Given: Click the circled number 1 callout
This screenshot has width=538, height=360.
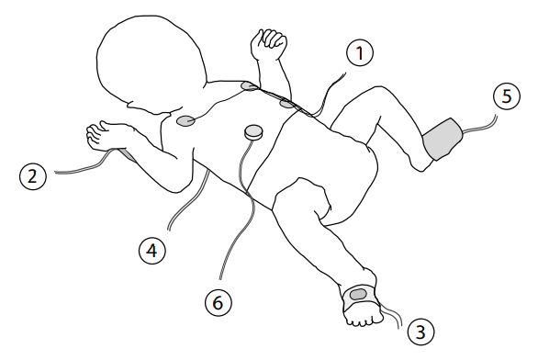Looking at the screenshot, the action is pos(360,53).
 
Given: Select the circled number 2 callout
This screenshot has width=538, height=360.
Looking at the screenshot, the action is pos(33,176).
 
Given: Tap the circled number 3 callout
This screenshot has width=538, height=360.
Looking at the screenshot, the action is pos(420,332).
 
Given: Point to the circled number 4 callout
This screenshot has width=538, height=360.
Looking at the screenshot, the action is pos(152,251).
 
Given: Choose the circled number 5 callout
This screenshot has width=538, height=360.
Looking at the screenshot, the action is pos(507,96).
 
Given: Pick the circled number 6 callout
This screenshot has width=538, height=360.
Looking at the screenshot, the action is pos(219,303).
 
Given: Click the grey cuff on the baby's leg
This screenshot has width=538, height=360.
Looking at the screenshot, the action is pos(443,139).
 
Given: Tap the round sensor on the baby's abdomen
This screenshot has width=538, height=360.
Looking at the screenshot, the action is pos(254,131).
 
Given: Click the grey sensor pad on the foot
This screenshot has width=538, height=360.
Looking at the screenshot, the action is pos(358,294).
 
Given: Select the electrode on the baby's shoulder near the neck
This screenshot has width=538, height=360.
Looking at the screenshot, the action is pos(250,85).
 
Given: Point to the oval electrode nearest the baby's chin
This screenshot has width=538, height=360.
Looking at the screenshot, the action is pos(185,120).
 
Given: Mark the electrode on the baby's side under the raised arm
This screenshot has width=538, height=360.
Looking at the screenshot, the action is pos(286,103).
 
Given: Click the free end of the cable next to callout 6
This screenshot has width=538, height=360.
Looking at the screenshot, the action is pos(220,278).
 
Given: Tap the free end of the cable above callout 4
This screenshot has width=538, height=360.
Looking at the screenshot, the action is pos(169,229).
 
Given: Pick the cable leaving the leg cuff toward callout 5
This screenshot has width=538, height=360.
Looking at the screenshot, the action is pos(480,128).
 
